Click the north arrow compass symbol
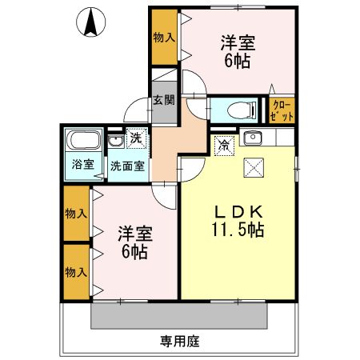click(90, 22)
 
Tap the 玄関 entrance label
click(164, 101)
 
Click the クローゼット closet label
click(282, 110)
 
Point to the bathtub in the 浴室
click(82, 142)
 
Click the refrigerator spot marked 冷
click(224, 145)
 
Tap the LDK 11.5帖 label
click(237, 219)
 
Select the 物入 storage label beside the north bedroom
click(164, 37)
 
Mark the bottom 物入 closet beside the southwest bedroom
click(77, 272)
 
